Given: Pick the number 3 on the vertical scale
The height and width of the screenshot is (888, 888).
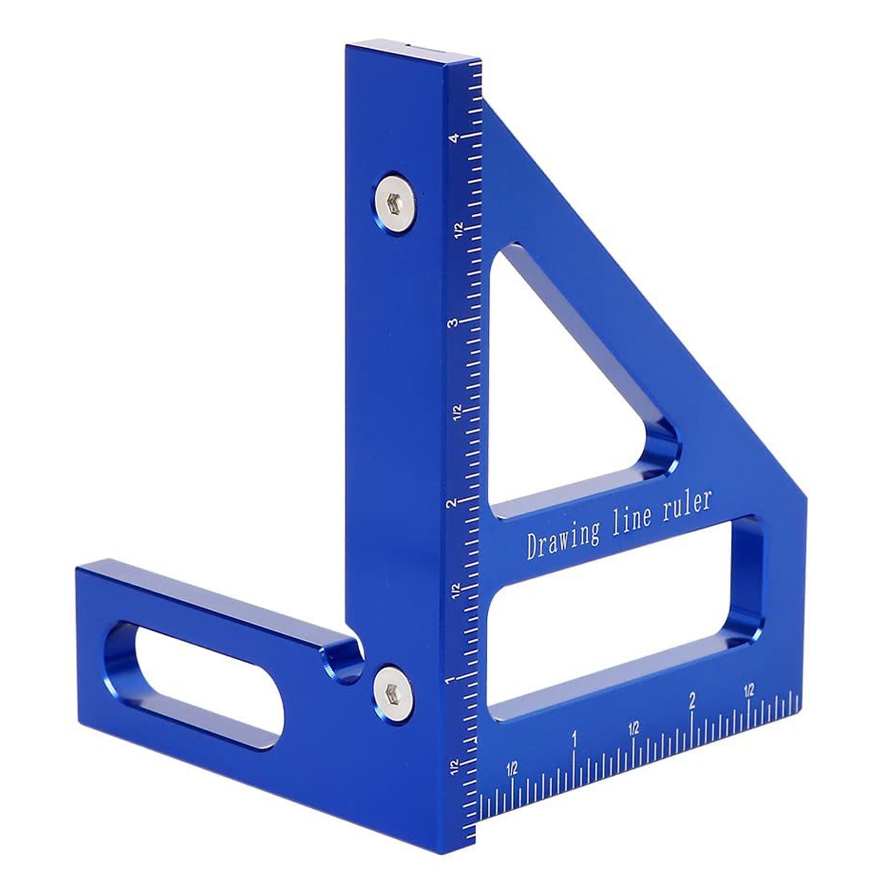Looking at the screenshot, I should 456,323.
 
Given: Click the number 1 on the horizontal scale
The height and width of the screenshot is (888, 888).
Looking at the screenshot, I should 574,740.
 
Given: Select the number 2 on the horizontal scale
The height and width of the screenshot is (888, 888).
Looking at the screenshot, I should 692,701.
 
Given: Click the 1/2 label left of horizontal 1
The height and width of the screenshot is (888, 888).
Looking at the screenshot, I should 512,769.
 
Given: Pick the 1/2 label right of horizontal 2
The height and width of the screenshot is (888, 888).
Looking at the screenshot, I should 749,690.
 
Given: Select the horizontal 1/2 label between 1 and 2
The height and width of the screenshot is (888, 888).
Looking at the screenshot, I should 634,728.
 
